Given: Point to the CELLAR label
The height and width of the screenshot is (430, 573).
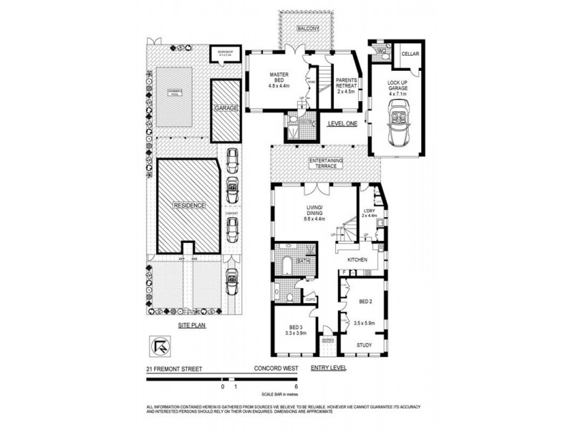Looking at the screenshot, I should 410,54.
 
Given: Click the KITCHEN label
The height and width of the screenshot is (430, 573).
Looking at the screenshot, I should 357,259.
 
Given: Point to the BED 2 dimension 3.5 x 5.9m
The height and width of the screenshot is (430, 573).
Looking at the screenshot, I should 365,323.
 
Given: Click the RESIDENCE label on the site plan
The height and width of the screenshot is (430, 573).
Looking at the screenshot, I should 188,206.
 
